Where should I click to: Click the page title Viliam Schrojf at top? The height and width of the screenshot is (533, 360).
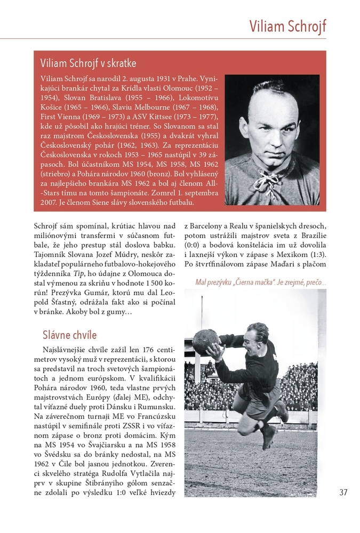click(x=287, y=26)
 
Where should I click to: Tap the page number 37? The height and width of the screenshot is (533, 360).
click(x=343, y=492)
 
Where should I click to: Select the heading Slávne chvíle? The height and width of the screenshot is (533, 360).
click(x=69, y=335)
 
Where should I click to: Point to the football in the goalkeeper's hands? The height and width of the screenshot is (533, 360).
click(x=205, y=342)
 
